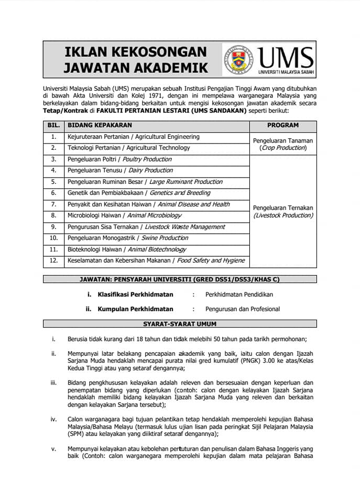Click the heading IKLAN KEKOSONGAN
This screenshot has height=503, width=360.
tap(135, 52)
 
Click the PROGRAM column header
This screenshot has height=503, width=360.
tap(283, 126)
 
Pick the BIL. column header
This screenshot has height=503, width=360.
tap(53, 126)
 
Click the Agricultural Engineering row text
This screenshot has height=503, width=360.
tap(133, 137)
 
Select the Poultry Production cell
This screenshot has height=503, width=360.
tap(119, 159)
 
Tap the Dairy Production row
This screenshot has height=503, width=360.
tap(120, 170)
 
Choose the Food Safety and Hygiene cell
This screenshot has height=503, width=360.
tap(156, 260)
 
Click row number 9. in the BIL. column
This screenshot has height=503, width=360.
tap(53, 227)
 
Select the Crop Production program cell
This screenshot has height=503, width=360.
tap(283, 145)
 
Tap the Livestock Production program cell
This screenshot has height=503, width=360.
tap(283, 212)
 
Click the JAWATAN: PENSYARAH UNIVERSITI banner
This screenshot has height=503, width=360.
tap(180, 279)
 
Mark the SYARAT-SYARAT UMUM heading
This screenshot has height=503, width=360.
tap(180, 324)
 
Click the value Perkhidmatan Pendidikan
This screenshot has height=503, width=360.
tap(238, 294)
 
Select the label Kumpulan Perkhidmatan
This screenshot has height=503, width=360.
tap(135, 309)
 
